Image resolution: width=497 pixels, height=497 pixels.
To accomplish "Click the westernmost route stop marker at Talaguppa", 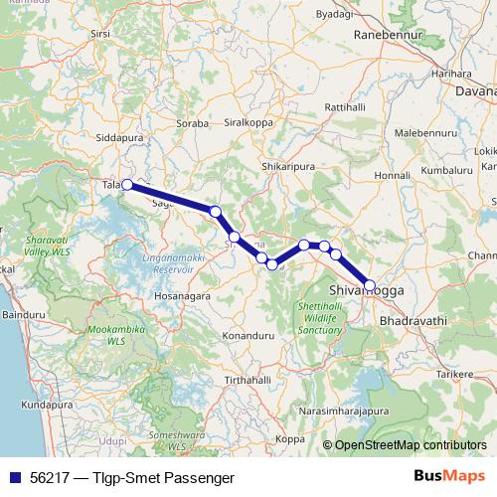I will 127,184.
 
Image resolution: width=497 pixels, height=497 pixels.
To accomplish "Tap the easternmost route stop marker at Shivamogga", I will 370,285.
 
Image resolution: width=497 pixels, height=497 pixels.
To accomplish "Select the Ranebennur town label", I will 390,33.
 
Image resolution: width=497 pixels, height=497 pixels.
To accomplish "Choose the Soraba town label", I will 192,125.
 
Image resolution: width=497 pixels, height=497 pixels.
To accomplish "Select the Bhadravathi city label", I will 414,322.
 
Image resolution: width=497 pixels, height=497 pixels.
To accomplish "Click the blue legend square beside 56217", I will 13,476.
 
